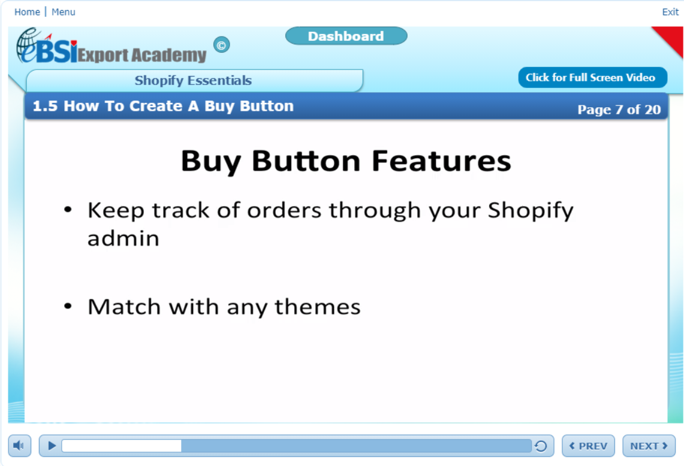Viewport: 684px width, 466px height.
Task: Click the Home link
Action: [27, 12]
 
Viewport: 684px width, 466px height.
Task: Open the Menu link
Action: [64, 12]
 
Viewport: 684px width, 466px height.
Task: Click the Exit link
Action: [670, 12]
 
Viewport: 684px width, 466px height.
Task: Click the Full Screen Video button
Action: [592, 78]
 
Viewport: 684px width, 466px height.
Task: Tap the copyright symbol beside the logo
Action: [222, 45]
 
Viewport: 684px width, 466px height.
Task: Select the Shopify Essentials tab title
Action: [193, 80]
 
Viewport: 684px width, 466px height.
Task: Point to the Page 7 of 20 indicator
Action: [619, 110]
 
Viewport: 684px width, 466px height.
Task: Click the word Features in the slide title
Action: [441, 161]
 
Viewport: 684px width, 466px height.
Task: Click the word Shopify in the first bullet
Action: [531, 211]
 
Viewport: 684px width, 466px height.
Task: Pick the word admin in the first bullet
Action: [123, 238]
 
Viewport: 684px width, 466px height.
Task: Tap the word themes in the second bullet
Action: [318, 307]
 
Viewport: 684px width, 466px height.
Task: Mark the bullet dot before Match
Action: [68, 306]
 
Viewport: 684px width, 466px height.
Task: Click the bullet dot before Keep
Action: [68, 210]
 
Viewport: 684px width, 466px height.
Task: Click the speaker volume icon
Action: [19, 446]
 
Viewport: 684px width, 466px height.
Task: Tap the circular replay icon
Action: [541, 446]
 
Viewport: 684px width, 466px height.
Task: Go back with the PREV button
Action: [588, 446]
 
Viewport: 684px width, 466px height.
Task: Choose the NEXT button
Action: [649, 446]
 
